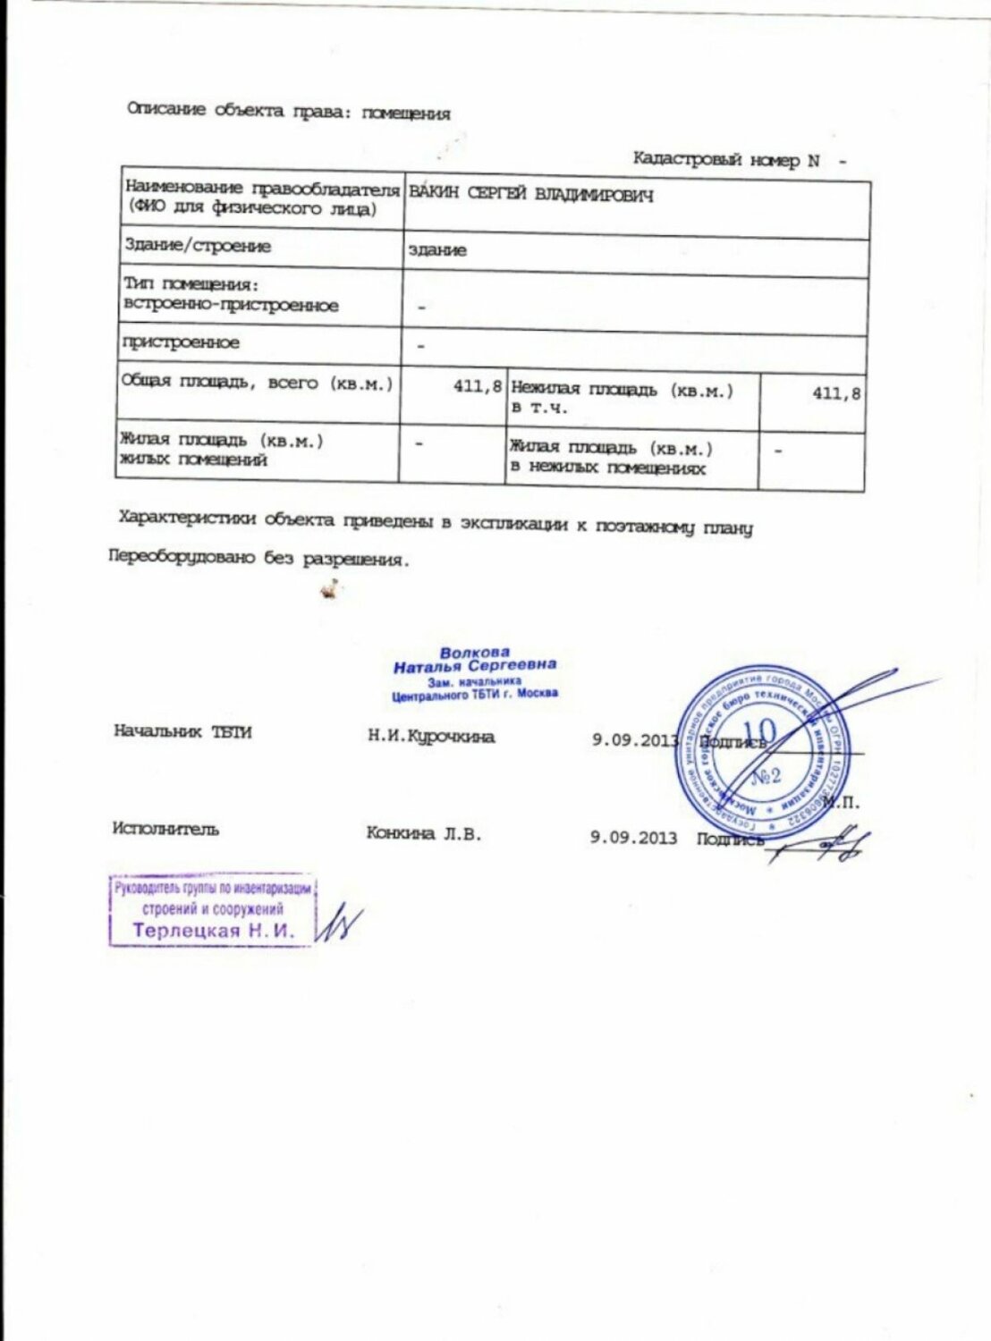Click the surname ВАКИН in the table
pos(435,195)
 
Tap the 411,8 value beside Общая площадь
pos(477,386)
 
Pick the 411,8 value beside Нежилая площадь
pos(836,392)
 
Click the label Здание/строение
pos(198,246)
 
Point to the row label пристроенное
pos(181,342)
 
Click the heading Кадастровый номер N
pos(725,160)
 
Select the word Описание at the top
pos(166,110)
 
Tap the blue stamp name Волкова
pos(474,653)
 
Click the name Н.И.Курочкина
pos(431,737)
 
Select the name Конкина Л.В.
pos(423,833)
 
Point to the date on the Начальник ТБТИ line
pos(635,740)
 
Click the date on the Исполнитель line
pos(633,837)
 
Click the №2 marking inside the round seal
pos(765,775)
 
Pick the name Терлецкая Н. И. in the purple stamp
pos(213,931)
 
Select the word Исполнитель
pos(165,829)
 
